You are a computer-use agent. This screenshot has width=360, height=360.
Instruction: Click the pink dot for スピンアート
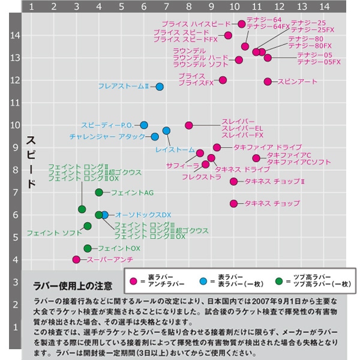click(x=268, y=81)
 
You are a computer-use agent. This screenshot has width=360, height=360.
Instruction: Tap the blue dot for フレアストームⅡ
click(x=160, y=86)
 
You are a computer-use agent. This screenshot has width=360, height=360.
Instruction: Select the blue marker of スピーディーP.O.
click(x=144, y=125)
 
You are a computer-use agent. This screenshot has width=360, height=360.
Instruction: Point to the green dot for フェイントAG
click(x=99, y=193)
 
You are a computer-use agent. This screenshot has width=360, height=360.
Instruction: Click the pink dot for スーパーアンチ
click(x=76, y=260)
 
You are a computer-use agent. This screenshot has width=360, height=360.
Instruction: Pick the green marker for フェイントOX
click(x=88, y=248)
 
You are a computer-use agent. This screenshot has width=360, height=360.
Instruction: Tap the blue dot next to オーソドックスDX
click(x=105, y=215)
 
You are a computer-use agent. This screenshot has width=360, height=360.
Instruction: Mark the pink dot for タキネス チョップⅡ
click(x=234, y=181)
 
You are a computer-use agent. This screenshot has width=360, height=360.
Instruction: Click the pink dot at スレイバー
click(x=189, y=125)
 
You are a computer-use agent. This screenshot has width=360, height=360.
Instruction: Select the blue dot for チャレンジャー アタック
click(x=155, y=137)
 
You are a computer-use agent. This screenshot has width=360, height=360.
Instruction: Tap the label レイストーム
click(x=175, y=149)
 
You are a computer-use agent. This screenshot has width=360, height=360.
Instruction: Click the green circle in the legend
click(x=278, y=280)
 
